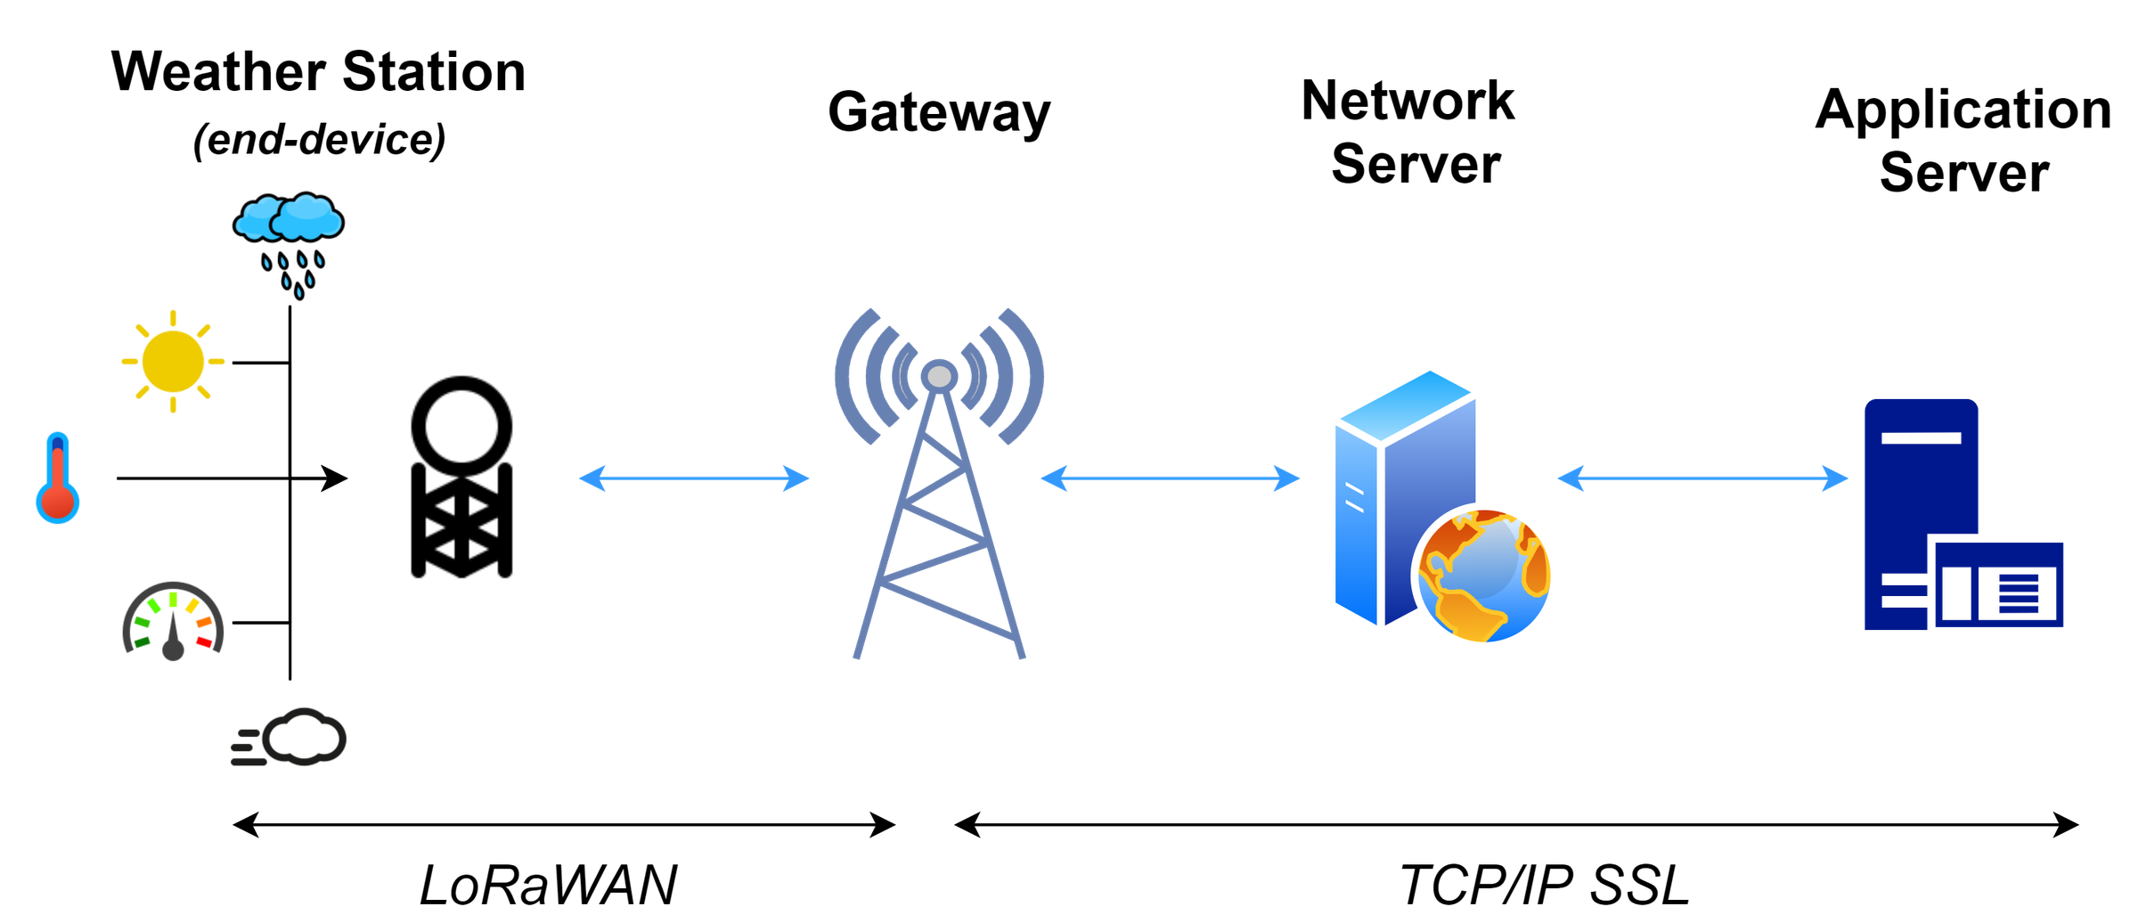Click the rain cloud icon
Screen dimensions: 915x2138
pyautogui.click(x=289, y=218)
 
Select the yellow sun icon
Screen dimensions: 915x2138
pyautogui.click(x=173, y=361)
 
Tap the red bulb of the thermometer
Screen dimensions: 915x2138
pyautogui.click(x=58, y=501)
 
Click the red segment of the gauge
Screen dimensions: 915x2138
pyautogui.click(x=205, y=641)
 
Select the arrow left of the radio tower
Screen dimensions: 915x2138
pyautogui.click(x=694, y=478)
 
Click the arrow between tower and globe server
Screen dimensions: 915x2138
pyautogui.click(x=1171, y=478)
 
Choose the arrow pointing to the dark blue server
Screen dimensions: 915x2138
pyautogui.click(x=1702, y=478)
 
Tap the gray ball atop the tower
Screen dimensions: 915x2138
pyautogui.click(x=939, y=377)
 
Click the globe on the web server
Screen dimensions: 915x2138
pyautogui.click(x=1485, y=576)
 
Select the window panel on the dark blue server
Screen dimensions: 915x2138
pyautogui.click(x=1998, y=584)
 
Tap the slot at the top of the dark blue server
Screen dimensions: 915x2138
pyautogui.click(x=1922, y=437)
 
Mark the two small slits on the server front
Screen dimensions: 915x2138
pyautogui.click(x=1354, y=498)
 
